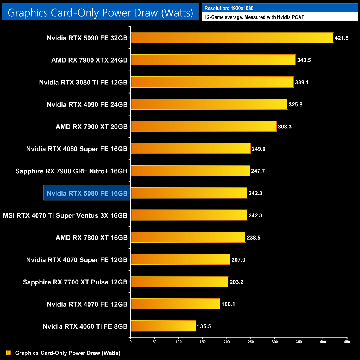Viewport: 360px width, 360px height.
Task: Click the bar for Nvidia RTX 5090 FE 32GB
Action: click(x=232, y=38)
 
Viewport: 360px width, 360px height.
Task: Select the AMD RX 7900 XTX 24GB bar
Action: click(x=213, y=60)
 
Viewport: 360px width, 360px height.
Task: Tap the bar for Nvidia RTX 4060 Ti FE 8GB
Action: click(x=163, y=326)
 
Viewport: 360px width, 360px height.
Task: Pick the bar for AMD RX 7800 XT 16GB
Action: click(x=188, y=237)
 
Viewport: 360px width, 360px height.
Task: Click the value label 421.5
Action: click(x=341, y=38)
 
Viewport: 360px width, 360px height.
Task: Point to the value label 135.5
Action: click(x=204, y=326)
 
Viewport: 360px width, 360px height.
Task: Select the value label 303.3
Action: click(x=285, y=127)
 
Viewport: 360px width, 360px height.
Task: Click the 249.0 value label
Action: click(x=259, y=149)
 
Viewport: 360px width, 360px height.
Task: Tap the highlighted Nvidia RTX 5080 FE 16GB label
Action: click(x=87, y=193)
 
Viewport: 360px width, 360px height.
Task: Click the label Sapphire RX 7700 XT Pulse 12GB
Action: click(x=75, y=282)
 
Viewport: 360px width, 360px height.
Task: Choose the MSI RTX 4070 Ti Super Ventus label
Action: click(x=65, y=215)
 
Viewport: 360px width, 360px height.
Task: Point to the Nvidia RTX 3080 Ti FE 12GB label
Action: click(x=83, y=82)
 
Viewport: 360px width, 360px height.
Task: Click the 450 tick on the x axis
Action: click(x=347, y=342)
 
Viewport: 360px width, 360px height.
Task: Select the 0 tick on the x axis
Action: click(x=130, y=342)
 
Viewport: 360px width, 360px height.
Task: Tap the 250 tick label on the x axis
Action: click(x=251, y=342)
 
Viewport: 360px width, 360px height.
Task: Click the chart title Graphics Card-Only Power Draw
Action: click(x=100, y=12)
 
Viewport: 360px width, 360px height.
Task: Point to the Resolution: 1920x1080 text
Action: click(x=229, y=8)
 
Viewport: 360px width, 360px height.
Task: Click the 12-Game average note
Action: click(x=254, y=17)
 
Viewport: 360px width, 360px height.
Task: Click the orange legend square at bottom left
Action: click(x=8, y=353)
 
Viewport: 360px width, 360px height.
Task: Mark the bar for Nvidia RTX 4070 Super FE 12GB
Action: click(x=180, y=259)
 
